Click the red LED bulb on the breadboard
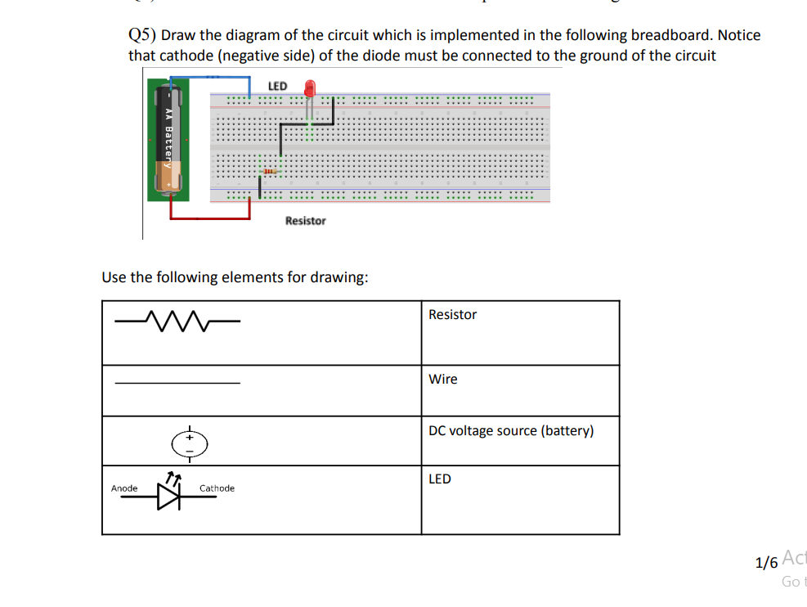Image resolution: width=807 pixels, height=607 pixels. tap(310, 88)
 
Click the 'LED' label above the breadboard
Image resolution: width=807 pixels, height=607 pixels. tap(277, 86)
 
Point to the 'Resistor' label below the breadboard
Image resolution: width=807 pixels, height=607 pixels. tap(305, 221)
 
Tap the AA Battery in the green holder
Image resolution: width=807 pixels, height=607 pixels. tap(168, 139)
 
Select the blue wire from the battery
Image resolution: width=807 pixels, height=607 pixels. tap(212, 77)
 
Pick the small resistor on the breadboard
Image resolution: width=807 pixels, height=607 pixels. tap(267, 172)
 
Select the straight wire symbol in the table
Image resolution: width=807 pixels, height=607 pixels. tap(177, 383)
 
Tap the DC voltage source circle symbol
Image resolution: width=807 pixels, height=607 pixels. tap(189, 443)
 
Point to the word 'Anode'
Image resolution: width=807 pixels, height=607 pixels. tap(124, 488)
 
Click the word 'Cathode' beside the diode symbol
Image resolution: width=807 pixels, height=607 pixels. tap(217, 488)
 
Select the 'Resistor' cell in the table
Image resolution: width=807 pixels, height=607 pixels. tap(452, 315)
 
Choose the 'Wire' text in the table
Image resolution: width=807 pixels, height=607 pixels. tap(443, 380)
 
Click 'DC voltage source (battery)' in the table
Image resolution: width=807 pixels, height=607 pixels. tap(511, 431)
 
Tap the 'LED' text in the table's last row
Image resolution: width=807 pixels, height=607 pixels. tap(440, 479)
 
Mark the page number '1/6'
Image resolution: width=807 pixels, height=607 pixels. tap(766, 563)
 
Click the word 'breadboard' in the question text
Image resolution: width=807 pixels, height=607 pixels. tap(671, 35)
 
